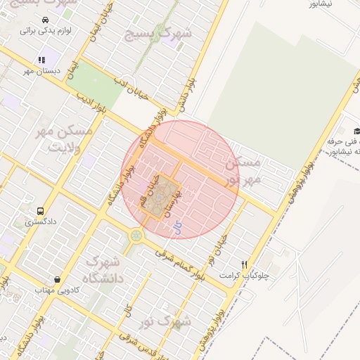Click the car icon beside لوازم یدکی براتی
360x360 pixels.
tap(45, 20)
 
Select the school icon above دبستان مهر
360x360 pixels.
tap(41, 60)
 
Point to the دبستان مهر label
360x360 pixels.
tap(41, 71)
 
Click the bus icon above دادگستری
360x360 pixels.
tap(39, 210)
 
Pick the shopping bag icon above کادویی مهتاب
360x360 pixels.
tap(57, 279)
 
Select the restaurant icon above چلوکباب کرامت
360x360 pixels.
tap(244, 264)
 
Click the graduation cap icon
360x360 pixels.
tap(357, 131)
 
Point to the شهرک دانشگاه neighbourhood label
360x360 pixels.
tap(101, 269)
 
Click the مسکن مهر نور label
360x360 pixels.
tap(243, 171)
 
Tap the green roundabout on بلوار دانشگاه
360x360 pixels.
tap(136, 235)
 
